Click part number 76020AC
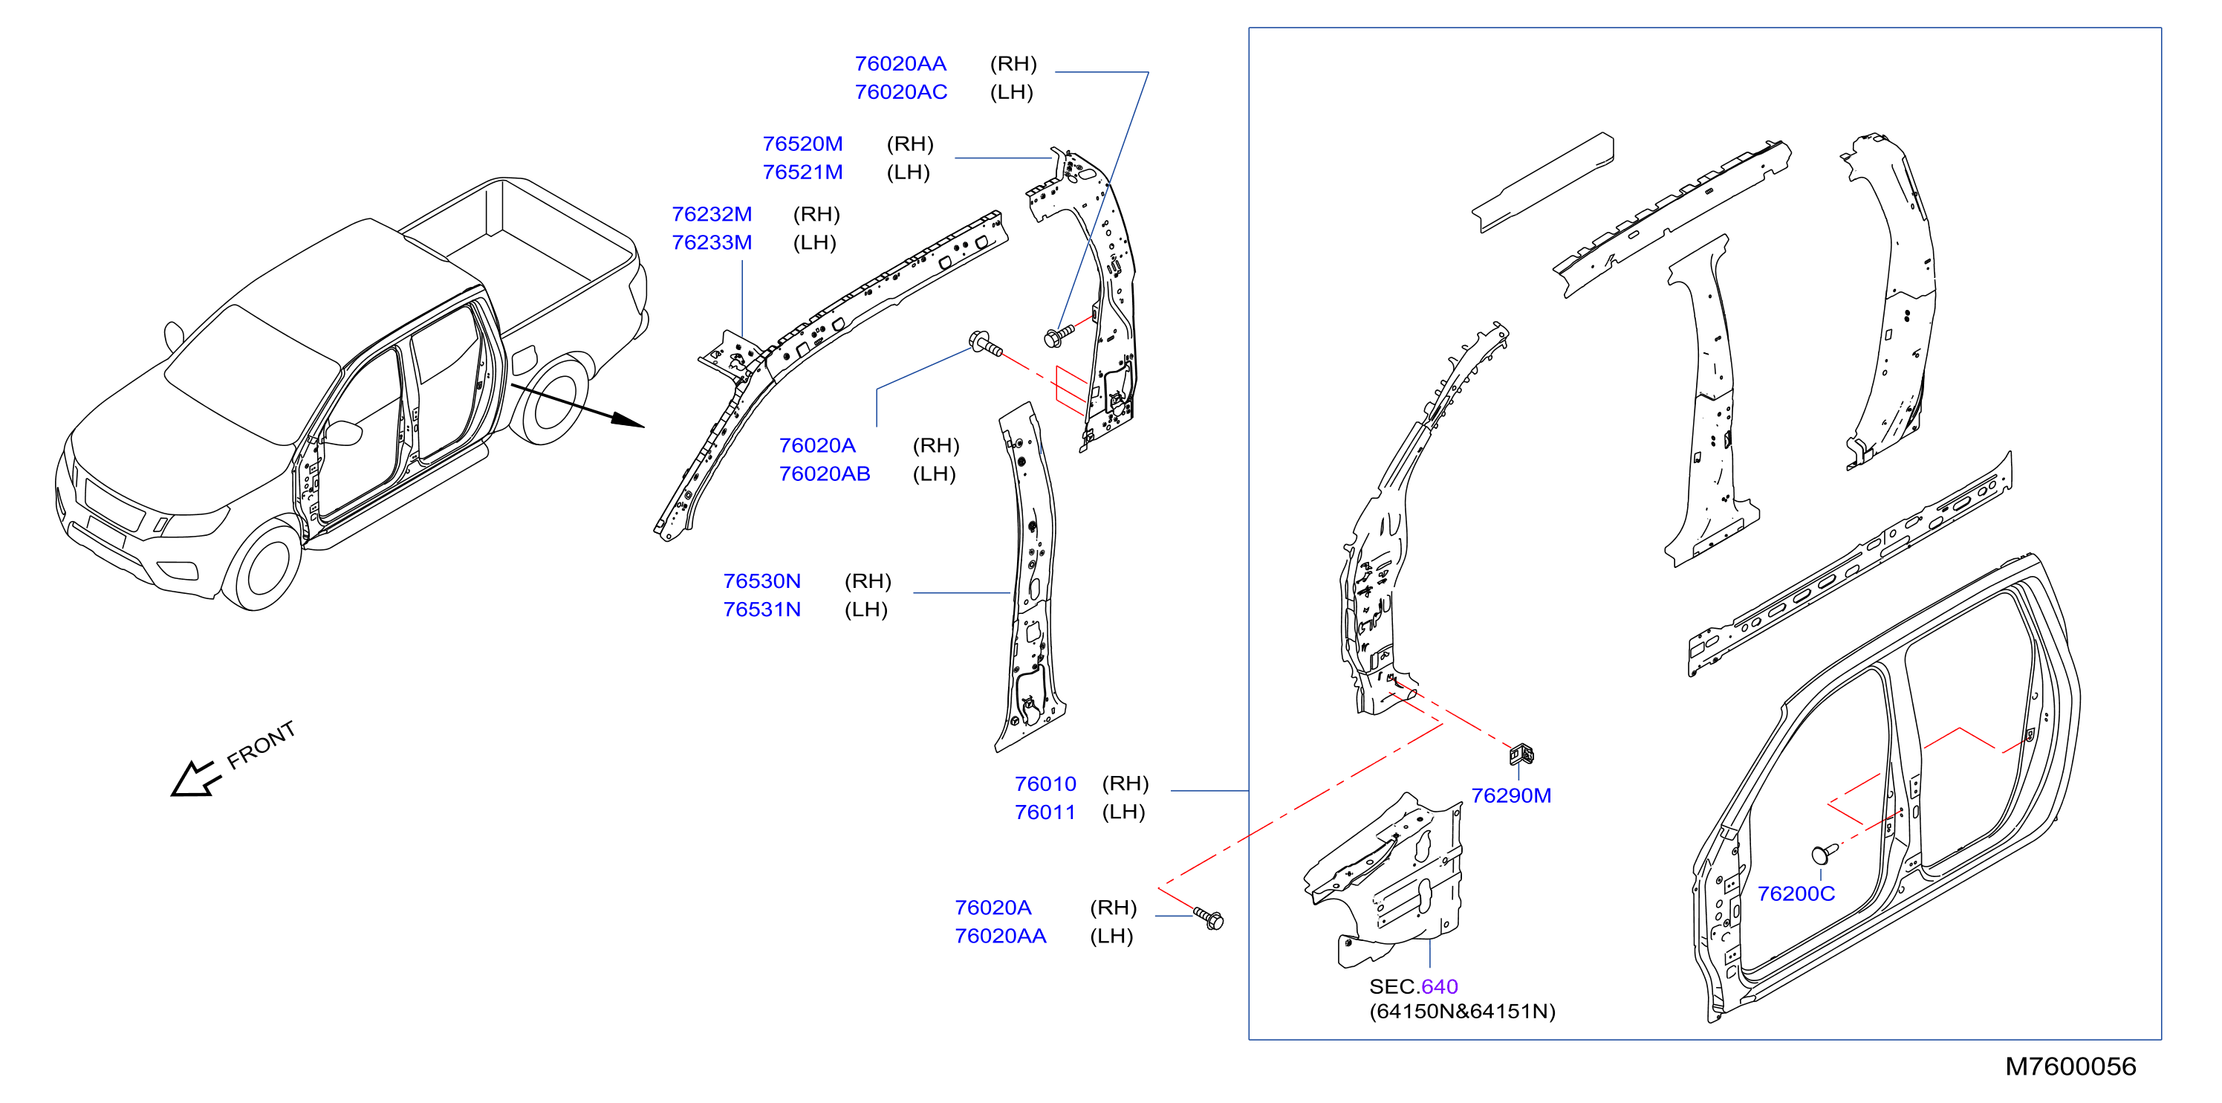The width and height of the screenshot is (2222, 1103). (x=900, y=92)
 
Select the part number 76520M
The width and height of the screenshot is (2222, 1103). (x=802, y=144)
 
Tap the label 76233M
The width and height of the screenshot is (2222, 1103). (x=712, y=242)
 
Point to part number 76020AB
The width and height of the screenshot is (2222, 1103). (x=824, y=473)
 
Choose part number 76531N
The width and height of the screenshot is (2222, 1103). (x=761, y=609)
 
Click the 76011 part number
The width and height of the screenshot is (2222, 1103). (x=1045, y=812)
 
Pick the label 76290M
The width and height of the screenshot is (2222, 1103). (x=1510, y=796)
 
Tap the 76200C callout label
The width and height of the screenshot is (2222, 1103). (x=1796, y=894)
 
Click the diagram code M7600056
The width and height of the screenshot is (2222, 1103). (x=2070, y=1067)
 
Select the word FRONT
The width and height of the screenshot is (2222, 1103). (x=261, y=745)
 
